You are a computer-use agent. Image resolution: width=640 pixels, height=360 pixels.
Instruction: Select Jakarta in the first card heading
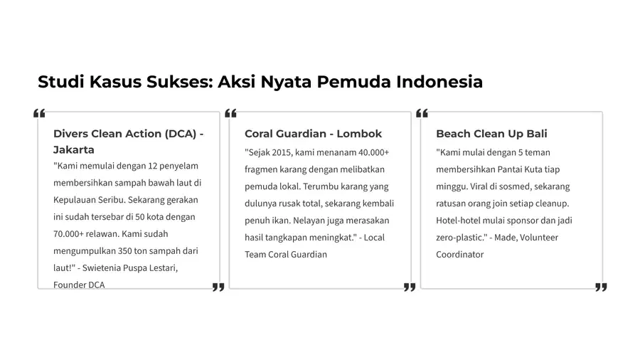point(74,150)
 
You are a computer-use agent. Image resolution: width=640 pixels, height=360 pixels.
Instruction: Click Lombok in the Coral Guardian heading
point(359,134)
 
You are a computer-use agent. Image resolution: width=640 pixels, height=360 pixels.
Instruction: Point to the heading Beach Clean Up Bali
point(491,134)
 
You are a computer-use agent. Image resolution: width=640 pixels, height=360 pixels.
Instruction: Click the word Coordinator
point(459,255)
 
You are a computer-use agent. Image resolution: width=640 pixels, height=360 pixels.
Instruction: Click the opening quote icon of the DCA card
point(39,114)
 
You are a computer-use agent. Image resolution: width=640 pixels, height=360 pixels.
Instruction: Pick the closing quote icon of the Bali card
point(601,287)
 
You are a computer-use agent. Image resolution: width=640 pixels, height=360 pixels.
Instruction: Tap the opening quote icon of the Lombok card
point(230,114)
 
